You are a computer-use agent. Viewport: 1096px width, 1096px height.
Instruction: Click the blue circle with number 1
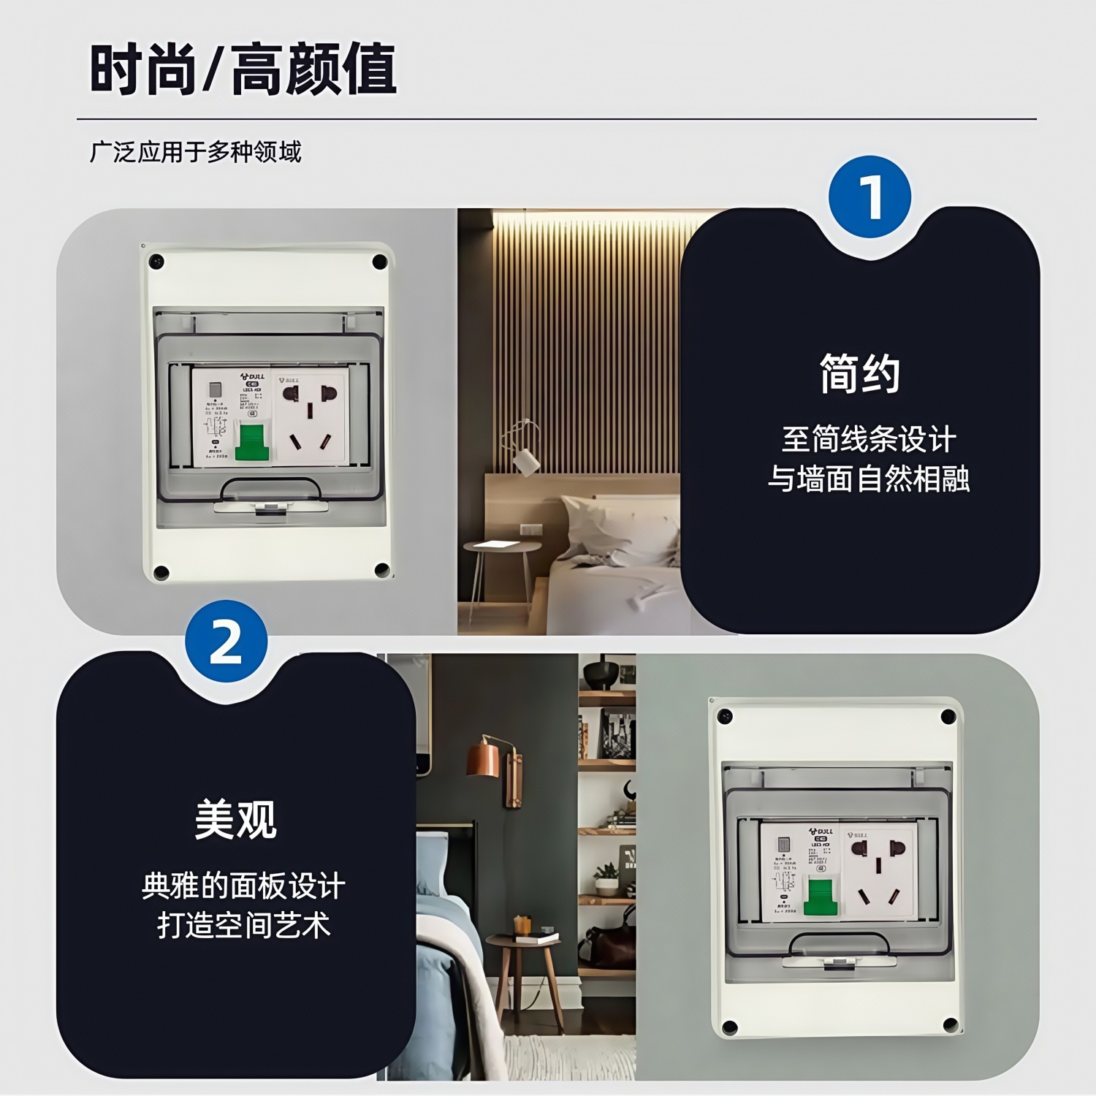click(x=869, y=197)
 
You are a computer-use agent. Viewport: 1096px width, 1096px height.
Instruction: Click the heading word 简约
click(x=859, y=373)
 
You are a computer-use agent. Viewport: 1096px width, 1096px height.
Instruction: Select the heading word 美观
click(x=235, y=819)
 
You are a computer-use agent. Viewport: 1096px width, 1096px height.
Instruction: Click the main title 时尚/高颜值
click(x=243, y=69)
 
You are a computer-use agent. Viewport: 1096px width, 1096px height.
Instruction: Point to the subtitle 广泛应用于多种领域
click(x=195, y=152)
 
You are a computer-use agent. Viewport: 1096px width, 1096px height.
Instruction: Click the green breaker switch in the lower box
click(x=821, y=897)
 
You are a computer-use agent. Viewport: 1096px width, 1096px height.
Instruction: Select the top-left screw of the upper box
click(x=156, y=262)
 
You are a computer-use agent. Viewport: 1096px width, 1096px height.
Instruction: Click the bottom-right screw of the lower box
click(x=950, y=1024)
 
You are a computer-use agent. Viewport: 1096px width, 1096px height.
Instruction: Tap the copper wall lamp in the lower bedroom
click(x=484, y=758)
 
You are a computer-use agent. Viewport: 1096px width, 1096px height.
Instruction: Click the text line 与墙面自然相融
click(x=868, y=479)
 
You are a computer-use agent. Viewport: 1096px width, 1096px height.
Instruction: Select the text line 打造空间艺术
click(x=244, y=925)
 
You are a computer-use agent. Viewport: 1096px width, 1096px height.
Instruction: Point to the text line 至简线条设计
click(x=868, y=439)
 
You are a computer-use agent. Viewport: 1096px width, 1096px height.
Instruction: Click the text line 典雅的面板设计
click(x=244, y=886)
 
